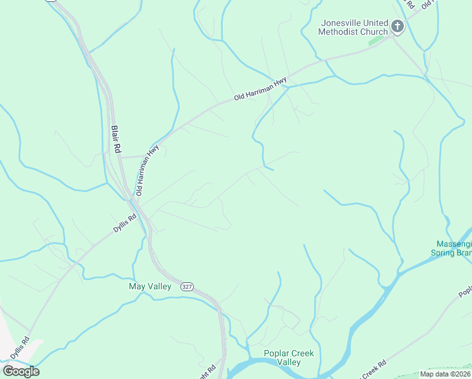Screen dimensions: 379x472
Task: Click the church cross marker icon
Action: click(x=398, y=27)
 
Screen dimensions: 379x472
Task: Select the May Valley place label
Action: click(x=150, y=286)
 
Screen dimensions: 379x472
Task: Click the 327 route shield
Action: click(x=186, y=286)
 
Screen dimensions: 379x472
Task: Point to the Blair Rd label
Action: click(x=116, y=140)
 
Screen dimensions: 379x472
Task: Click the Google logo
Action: click(x=21, y=371)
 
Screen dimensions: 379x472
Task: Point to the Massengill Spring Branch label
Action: click(x=453, y=248)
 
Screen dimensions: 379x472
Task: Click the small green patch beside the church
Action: click(x=376, y=40)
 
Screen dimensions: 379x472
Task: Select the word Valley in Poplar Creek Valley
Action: click(x=290, y=363)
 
